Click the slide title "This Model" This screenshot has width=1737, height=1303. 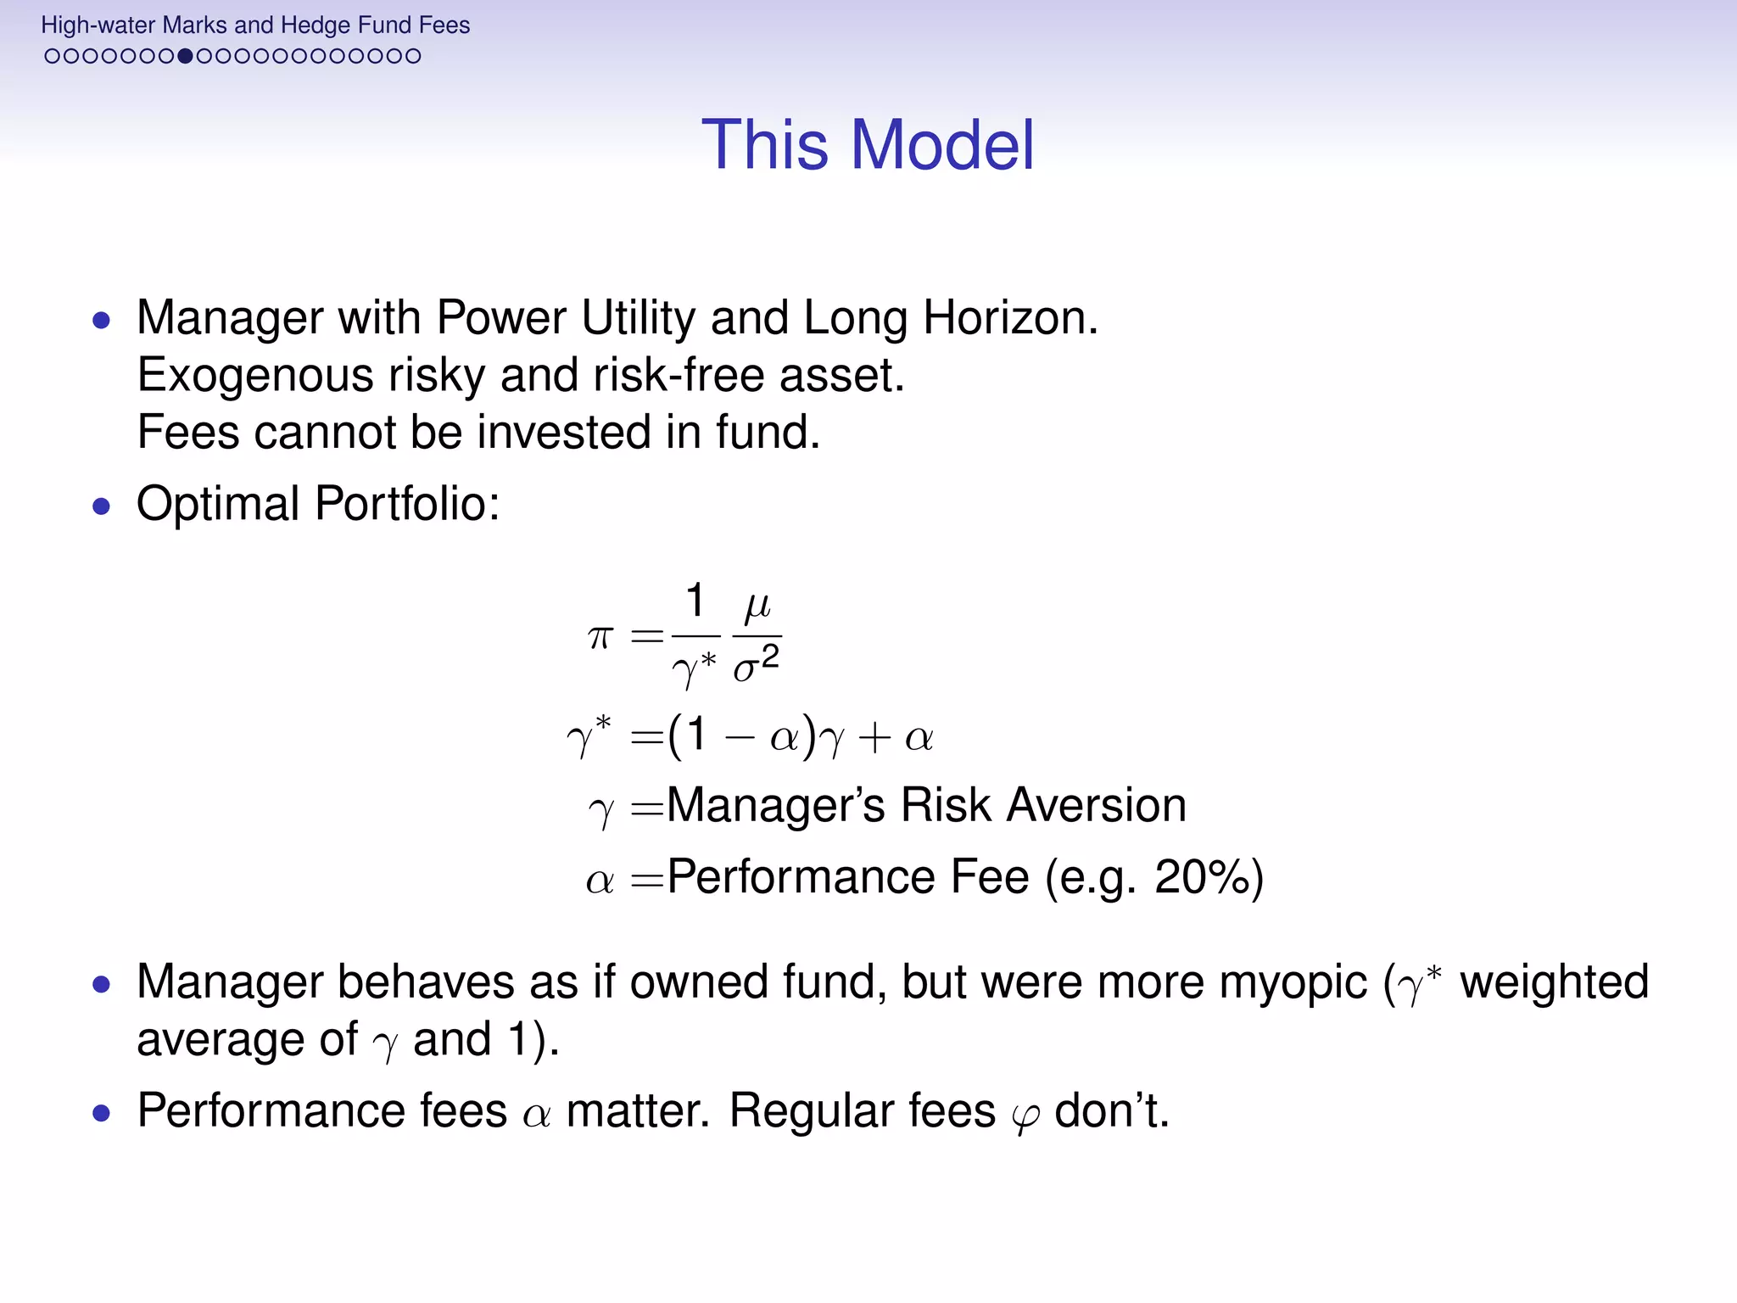(868, 145)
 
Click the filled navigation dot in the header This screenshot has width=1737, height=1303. (185, 57)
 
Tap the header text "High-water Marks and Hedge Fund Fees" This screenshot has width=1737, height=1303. (255, 25)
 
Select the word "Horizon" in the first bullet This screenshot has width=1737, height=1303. (1009, 319)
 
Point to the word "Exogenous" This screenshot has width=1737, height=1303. (254, 376)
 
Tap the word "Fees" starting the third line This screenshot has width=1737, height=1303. (188, 433)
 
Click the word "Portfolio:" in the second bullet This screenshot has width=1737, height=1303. (407, 504)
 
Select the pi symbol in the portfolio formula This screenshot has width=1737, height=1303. (600, 637)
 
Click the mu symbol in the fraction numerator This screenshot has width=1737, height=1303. (757, 605)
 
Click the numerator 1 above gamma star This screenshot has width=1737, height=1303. (695, 601)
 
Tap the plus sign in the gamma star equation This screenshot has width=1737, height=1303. (874, 737)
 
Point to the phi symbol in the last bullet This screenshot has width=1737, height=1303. (1025, 1115)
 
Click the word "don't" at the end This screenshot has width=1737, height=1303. (1111, 1111)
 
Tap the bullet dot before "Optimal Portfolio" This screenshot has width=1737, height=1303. (102, 506)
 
